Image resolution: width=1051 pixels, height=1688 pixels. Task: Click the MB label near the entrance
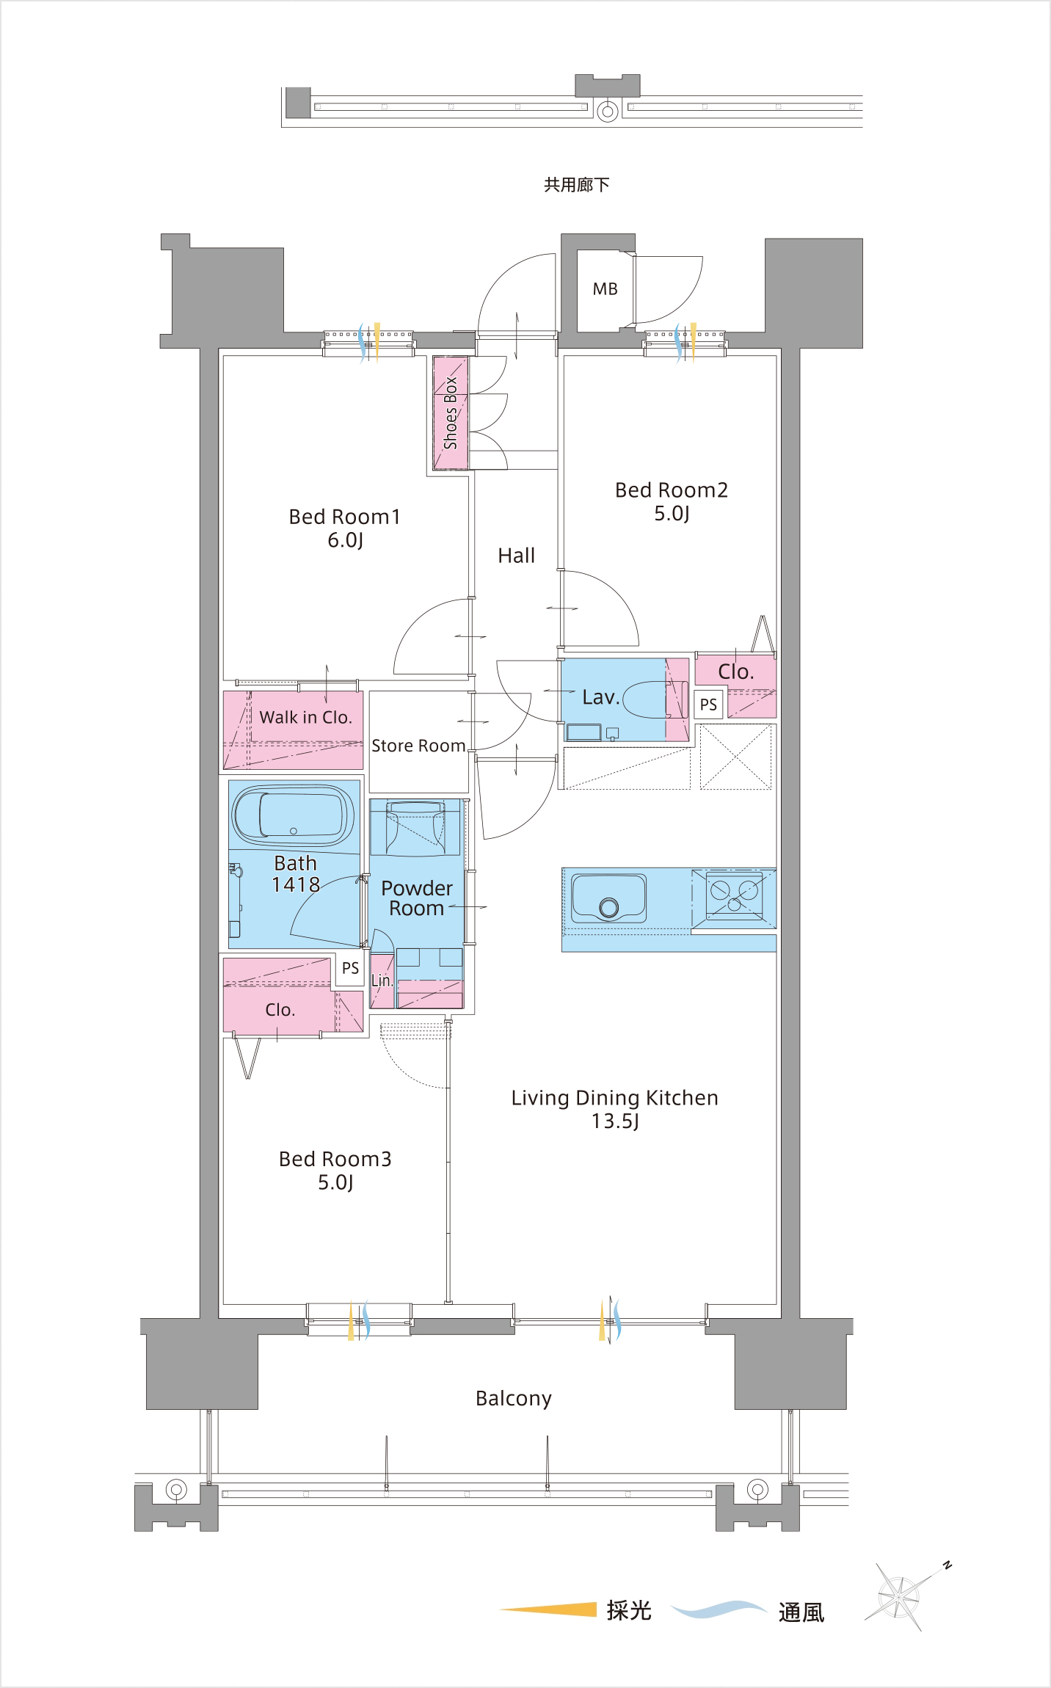pos(605,289)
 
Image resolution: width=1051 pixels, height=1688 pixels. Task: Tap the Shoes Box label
pos(451,412)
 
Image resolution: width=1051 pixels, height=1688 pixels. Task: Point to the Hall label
pos(517,556)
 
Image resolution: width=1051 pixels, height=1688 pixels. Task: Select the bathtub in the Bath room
pos(294,815)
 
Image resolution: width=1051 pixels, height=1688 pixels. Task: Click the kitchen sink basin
pos(609,898)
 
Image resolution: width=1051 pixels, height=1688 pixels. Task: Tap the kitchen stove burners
pos(734,895)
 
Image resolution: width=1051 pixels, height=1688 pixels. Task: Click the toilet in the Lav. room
pos(655,699)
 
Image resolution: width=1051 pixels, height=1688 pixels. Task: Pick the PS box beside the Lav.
pos(708,705)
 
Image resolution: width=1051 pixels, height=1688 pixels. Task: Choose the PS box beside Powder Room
pos(350,969)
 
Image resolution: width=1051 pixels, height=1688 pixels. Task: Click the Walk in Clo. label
pos(306,717)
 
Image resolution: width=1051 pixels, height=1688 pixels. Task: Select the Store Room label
pos(418,746)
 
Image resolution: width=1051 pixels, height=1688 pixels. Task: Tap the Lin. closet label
pos(382,981)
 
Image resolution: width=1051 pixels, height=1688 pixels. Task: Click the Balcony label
pos(514,1398)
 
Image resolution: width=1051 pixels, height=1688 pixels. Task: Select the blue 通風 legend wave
pos(719,1609)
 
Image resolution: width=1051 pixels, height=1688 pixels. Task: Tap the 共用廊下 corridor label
pos(577,185)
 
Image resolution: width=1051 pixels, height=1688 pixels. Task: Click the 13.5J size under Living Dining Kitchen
pos(615,1121)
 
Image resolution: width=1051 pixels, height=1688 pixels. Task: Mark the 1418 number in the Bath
pos(296,884)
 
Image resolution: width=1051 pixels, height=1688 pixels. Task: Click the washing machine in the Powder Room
pos(415,827)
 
